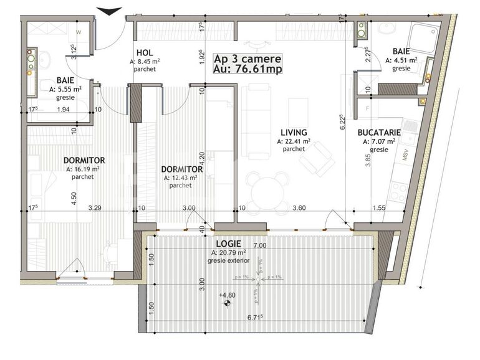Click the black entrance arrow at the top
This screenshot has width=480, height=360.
pyautogui.click(x=110, y=11)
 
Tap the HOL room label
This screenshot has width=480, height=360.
pyautogui.click(x=144, y=54)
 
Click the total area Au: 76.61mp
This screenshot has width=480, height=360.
pyautogui.click(x=247, y=69)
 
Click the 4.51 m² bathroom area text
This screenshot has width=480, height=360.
pyautogui.click(x=405, y=61)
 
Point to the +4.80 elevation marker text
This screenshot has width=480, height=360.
pyautogui.click(x=226, y=295)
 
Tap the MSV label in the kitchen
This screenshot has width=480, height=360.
pyautogui.click(x=406, y=155)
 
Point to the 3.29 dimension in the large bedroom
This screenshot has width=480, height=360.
pyautogui.click(x=94, y=209)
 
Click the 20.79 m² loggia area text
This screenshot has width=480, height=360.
pyautogui.click(x=228, y=253)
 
